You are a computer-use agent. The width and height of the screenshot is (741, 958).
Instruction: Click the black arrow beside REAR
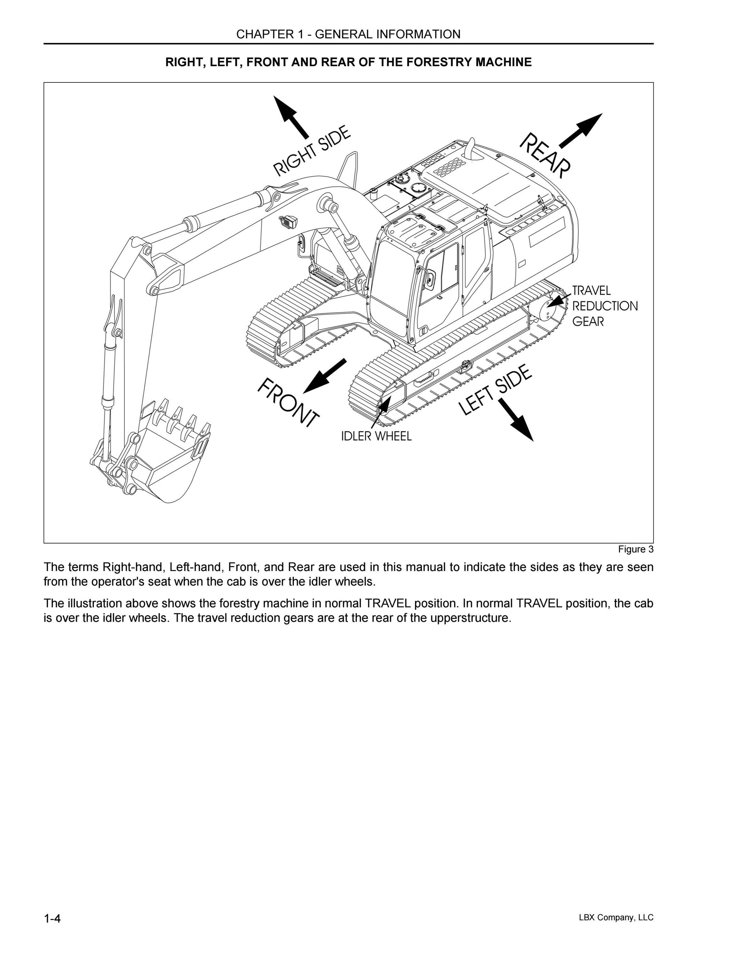coord(581,130)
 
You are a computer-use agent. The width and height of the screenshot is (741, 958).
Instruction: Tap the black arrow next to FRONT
coord(325,376)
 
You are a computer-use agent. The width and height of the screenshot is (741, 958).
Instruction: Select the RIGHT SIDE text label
coord(312,150)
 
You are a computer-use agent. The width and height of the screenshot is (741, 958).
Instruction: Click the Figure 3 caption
coord(636,549)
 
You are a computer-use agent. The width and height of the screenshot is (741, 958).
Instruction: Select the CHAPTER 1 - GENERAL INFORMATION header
coord(348,34)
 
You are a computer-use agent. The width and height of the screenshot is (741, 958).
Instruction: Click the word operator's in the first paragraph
coord(128,582)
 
